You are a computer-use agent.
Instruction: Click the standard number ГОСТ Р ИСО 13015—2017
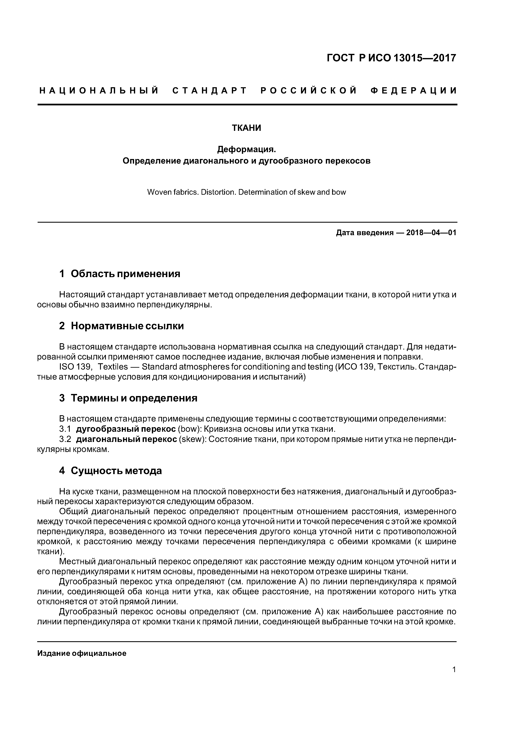point(392,58)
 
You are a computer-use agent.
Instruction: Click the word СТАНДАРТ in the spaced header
point(210,91)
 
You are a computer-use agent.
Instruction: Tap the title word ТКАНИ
point(246,128)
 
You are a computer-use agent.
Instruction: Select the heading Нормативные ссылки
point(127,326)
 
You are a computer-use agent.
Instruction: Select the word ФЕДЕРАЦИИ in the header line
point(414,91)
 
